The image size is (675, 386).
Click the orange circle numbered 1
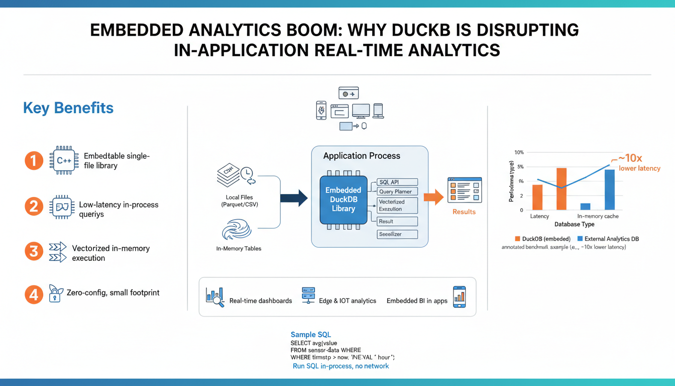(34, 161)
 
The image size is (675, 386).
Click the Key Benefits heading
(68, 108)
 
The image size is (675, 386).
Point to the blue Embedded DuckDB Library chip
(343, 199)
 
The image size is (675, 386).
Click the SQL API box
(397, 182)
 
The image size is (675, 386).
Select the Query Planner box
(397, 191)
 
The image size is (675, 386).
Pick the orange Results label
(464, 212)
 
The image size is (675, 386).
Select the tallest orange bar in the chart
(561, 189)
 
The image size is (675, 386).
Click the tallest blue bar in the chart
(609, 189)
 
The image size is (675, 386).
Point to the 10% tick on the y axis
(519, 152)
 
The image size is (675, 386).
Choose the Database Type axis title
(574, 224)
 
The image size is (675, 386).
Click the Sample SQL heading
(310, 335)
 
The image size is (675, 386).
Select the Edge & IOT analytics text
(347, 301)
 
